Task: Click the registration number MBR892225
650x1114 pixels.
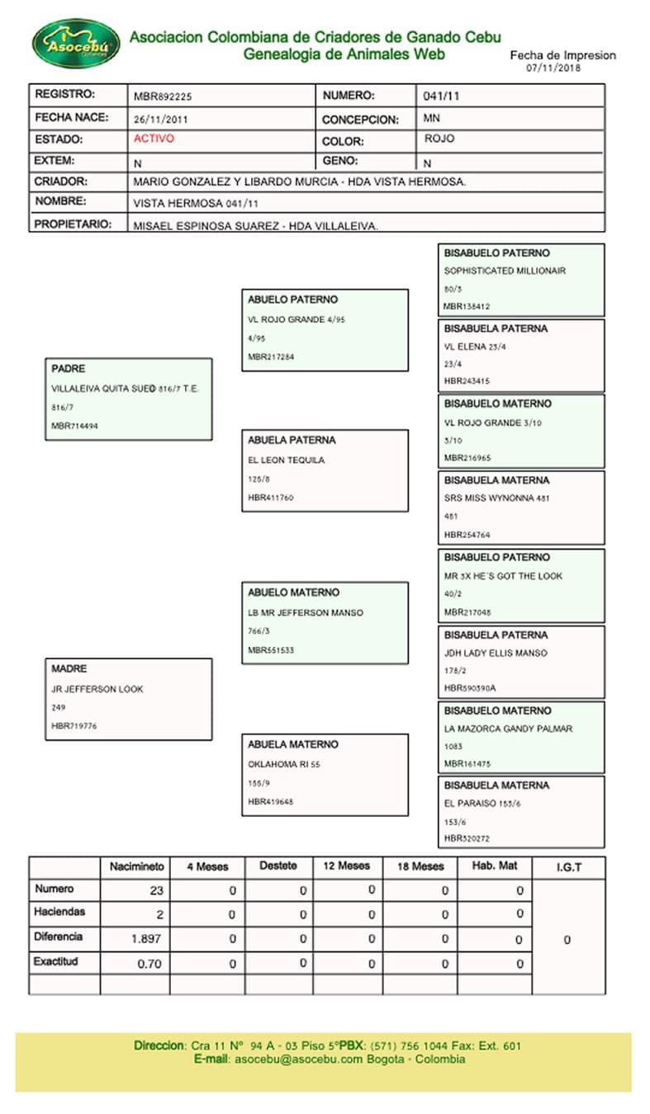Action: [163, 96]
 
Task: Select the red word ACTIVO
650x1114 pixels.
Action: [154, 139]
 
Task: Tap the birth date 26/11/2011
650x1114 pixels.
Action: [160, 119]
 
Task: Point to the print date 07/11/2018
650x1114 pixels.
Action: [553, 68]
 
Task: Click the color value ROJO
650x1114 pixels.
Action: [439, 139]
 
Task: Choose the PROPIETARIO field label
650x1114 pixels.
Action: [73, 224]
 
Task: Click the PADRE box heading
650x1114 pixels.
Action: [69, 369]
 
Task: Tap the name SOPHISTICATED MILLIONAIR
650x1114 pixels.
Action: [505, 271]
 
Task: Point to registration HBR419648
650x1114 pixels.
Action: [271, 801]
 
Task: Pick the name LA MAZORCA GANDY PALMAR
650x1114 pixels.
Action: [508, 729]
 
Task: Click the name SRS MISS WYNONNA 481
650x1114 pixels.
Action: [497, 498]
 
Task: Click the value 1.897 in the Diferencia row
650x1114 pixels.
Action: [147, 939]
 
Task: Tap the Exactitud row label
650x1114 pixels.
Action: [55, 962]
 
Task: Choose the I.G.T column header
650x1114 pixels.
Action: [568, 866]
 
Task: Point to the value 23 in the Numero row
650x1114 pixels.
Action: [156, 890]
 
